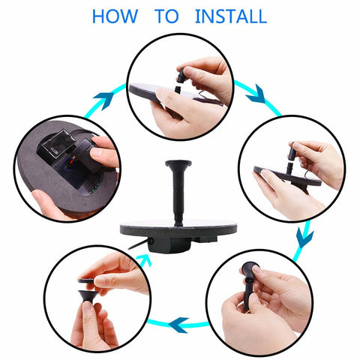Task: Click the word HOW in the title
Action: tap(115, 16)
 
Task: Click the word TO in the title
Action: tap(166, 16)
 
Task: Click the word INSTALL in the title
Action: tap(231, 16)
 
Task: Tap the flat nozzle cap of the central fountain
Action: tap(178, 163)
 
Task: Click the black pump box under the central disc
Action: tap(169, 244)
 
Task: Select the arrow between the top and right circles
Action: tap(256, 95)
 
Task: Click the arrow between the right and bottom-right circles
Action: tap(304, 237)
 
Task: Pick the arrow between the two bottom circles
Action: tap(178, 325)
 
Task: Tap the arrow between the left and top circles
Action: tap(104, 99)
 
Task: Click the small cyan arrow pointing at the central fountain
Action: tap(145, 260)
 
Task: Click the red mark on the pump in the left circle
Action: tap(73, 160)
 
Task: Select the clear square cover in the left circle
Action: tap(56, 144)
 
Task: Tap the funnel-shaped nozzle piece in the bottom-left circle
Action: tap(87, 296)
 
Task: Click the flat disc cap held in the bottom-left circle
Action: tap(87, 280)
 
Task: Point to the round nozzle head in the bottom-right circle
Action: tap(250, 268)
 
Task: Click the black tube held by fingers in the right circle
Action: tap(292, 151)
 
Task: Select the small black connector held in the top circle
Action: tap(181, 75)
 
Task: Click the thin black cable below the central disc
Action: tap(138, 244)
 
